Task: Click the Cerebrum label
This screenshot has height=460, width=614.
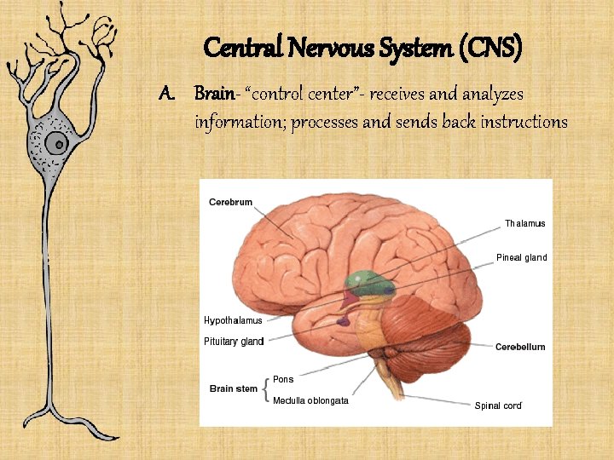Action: pyautogui.click(x=230, y=202)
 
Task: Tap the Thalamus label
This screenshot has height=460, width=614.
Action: pyautogui.click(x=524, y=223)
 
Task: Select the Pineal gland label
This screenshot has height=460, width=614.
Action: pyautogui.click(x=521, y=257)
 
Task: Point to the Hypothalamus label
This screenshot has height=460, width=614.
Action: pyautogui.click(x=233, y=320)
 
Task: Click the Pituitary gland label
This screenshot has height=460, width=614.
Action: pyautogui.click(x=234, y=342)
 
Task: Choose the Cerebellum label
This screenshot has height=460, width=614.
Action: pyautogui.click(x=520, y=347)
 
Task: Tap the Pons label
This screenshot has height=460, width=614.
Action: pyautogui.click(x=283, y=379)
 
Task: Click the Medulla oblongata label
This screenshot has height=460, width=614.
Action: pyautogui.click(x=310, y=400)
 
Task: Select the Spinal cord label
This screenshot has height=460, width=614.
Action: pyautogui.click(x=498, y=405)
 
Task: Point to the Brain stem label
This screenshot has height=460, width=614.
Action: pyautogui.click(x=234, y=389)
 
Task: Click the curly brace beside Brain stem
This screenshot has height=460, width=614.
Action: pyautogui.click(x=268, y=389)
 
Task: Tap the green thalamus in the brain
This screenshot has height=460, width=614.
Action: pyautogui.click(x=365, y=282)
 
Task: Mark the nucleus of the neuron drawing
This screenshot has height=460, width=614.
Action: pyautogui.click(x=58, y=141)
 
